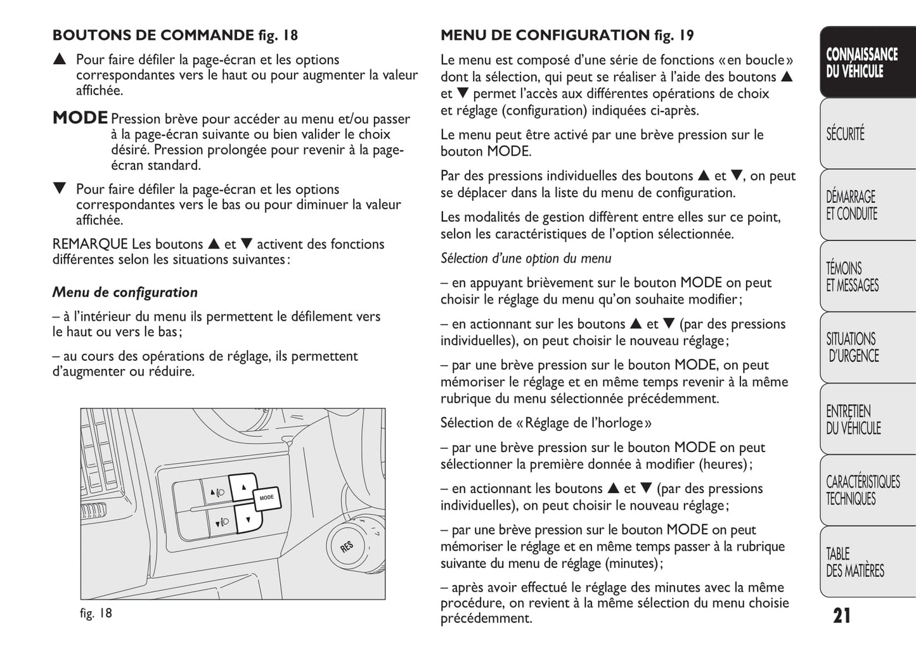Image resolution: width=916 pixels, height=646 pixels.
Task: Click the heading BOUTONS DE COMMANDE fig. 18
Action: coord(175,35)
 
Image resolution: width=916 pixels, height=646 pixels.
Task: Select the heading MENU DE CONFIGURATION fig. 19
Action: coord(567,35)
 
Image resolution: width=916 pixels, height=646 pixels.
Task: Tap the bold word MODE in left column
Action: coord(81,118)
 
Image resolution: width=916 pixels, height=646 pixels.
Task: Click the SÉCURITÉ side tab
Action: coord(845,134)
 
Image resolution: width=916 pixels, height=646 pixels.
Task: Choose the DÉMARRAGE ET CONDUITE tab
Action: coord(851,205)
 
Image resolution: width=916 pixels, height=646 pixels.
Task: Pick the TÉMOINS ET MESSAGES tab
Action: coord(852,277)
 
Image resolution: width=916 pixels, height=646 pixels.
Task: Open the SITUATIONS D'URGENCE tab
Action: coord(852,347)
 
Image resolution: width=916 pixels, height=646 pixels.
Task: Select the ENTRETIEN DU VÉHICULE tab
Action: coord(853,420)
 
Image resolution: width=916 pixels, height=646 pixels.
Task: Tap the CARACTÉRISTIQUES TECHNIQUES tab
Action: coord(861,490)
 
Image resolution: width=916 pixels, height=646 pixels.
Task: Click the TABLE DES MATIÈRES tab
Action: coord(854,562)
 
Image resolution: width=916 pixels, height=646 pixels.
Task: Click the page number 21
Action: coord(842,616)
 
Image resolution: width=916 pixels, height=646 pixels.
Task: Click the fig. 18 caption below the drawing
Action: coord(96,613)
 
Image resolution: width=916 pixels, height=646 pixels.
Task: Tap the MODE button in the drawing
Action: coord(267,498)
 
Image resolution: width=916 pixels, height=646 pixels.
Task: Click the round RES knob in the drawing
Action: coord(347,546)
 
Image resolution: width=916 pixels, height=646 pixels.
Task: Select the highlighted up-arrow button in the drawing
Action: coord(243,487)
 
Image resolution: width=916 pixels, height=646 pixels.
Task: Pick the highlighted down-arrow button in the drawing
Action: coord(247,519)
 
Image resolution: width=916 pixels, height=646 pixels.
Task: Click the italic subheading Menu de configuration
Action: coord(125,292)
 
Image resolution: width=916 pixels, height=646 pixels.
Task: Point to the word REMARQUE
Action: coord(90,244)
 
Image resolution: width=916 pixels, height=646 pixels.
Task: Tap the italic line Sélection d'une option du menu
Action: coord(526,258)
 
